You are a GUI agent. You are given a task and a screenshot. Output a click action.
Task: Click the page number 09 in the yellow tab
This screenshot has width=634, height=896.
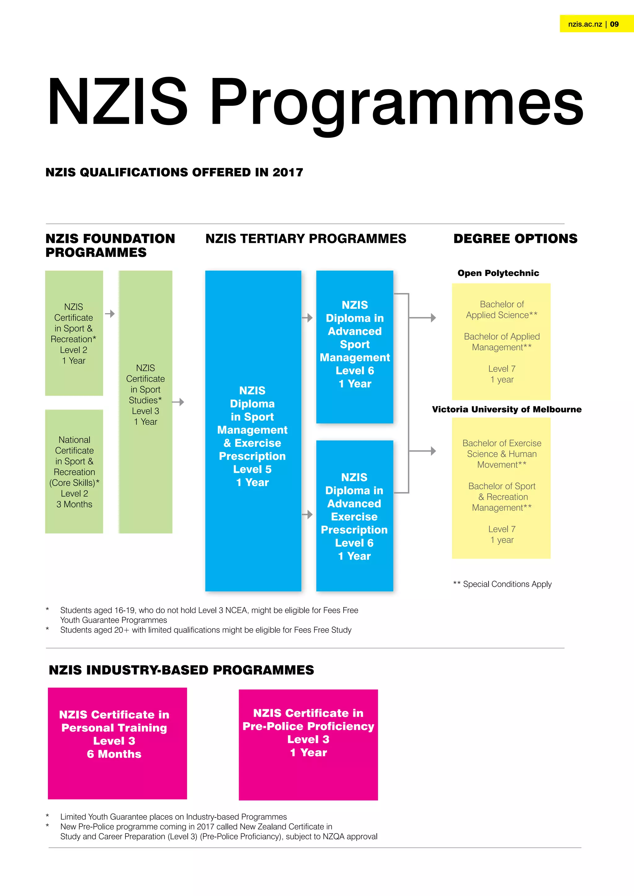point(614,24)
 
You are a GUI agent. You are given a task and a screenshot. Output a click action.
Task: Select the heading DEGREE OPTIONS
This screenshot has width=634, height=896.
point(515,239)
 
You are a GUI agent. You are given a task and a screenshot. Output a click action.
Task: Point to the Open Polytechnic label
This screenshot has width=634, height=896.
point(498,273)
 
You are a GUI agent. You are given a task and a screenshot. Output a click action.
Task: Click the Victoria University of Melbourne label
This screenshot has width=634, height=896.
point(506,409)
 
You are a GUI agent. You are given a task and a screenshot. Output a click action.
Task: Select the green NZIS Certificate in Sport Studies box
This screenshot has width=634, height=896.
point(145,402)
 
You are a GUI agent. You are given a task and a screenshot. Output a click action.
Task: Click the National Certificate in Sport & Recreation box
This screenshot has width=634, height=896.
point(74,472)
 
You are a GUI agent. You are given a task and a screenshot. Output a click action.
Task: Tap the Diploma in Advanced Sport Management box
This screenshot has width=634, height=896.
point(354,347)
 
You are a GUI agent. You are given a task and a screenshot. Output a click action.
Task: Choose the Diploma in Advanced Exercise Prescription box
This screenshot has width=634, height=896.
point(354,515)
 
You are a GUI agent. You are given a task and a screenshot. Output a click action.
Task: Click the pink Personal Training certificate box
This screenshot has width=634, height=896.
point(117,743)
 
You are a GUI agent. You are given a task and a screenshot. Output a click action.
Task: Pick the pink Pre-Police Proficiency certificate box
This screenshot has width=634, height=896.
point(308,745)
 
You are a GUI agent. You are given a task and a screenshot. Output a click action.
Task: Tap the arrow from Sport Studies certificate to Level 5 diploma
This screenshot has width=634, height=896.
point(178,402)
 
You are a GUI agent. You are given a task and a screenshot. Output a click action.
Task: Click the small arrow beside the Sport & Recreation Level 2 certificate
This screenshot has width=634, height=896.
point(110,314)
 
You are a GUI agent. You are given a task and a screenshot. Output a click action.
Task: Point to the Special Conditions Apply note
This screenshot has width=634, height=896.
point(502,584)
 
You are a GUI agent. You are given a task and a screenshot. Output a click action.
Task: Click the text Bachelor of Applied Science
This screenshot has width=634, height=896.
point(502,309)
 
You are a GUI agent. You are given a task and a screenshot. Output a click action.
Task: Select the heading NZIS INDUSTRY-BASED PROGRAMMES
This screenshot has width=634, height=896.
point(181,670)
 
